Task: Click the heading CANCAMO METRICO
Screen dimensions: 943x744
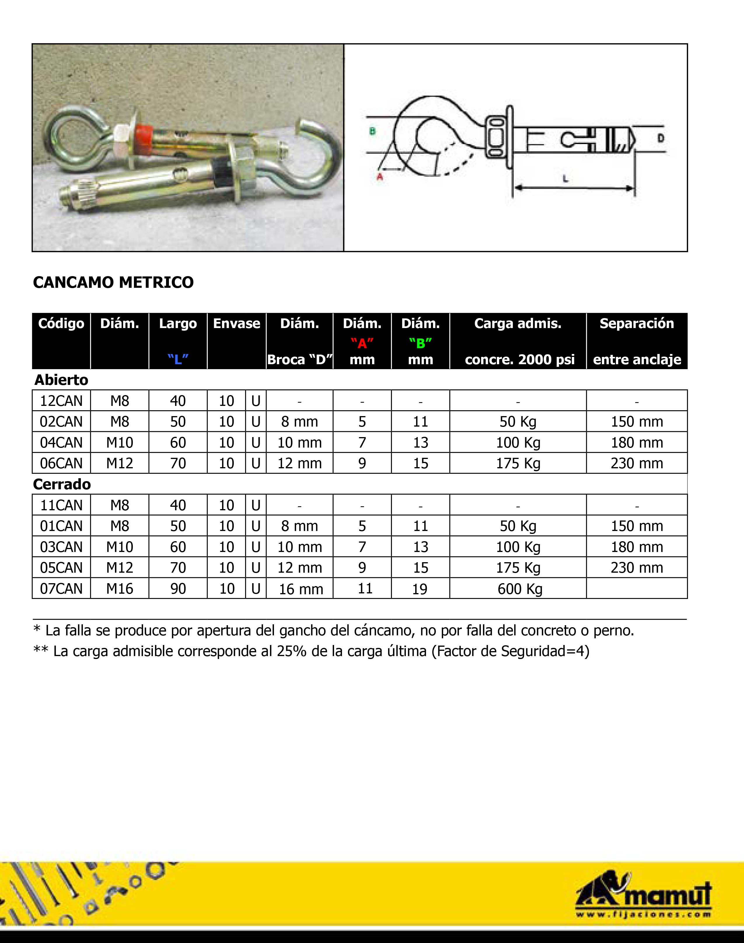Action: [x=113, y=283]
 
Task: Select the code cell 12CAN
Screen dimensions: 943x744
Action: [x=62, y=401]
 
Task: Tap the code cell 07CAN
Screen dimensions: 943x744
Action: [x=62, y=589]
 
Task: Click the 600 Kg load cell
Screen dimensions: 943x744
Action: [x=520, y=589]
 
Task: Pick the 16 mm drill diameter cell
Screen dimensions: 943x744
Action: [x=301, y=589]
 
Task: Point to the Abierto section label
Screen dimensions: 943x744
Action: [x=62, y=380]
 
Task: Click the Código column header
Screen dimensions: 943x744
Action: [x=62, y=323]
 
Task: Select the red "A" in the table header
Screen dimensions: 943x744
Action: [x=362, y=343]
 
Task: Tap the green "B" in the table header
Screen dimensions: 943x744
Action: [x=420, y=343]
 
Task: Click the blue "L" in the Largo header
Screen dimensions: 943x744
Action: [x=178, y=359]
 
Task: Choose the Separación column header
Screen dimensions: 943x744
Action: [x=636, y=323]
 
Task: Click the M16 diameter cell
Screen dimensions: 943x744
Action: [x=120, y=589]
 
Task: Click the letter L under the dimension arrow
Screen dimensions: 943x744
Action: [x=565, y=178]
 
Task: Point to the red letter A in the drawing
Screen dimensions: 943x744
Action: [x=379, y=177]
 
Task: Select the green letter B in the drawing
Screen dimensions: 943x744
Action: [x=372, y=131]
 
